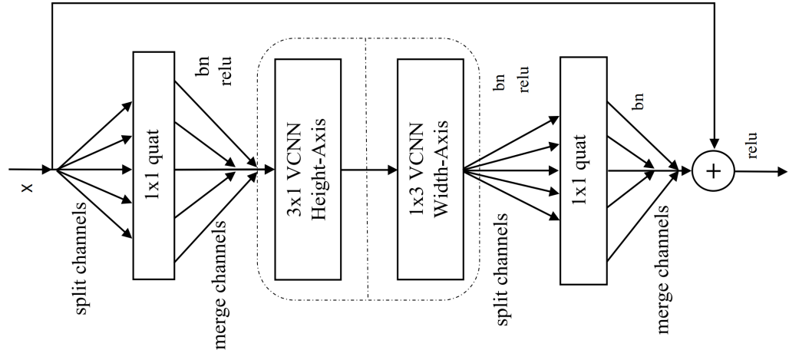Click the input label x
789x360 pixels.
(x=30, y=187)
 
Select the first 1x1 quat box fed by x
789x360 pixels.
(x=156, y=165)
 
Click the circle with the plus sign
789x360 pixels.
(x=714, y=170)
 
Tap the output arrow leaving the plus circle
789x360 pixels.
(x=760, y=170)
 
